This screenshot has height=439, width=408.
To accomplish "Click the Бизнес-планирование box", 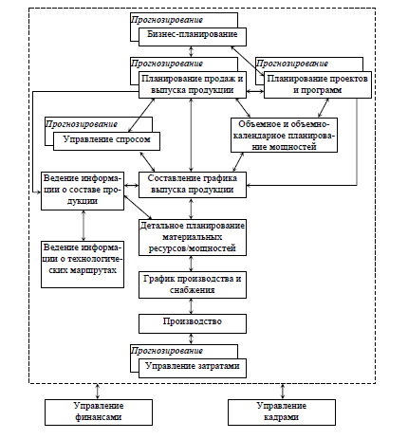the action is click(193, 37).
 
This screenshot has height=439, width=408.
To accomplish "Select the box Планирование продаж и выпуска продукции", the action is click(193, 84).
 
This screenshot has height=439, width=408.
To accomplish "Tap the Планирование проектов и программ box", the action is click(318, 84).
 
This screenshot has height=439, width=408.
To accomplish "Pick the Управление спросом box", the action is click(106, 141).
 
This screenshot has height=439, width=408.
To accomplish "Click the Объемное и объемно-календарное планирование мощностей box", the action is click(284, 135).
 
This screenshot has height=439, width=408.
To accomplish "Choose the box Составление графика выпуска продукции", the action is click(193, 185).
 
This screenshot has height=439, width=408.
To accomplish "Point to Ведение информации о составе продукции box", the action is click(83, 191).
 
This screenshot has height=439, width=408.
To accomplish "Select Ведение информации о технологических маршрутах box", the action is click(83, 265).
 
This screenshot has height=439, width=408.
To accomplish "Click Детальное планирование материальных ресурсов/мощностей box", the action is click(193, 237).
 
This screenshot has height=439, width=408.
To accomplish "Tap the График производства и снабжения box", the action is click(193, 284).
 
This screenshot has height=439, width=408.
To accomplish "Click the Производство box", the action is click(193, 323).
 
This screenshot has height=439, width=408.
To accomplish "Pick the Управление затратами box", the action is click(193, 368).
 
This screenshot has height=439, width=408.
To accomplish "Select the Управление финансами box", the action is click(99, 412).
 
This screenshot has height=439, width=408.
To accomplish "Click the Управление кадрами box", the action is click(282, 412).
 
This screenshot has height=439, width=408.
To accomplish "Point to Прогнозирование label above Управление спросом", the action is click(82, 124).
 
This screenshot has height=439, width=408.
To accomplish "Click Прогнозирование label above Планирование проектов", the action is click(292, 64).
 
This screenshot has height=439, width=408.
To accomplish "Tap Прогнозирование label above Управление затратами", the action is click(167, 351).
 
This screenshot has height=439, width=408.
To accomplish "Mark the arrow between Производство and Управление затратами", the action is click(191, 338).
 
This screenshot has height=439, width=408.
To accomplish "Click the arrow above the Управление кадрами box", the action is click(283, 392).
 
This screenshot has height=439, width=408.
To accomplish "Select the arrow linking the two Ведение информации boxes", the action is click(83, 226).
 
